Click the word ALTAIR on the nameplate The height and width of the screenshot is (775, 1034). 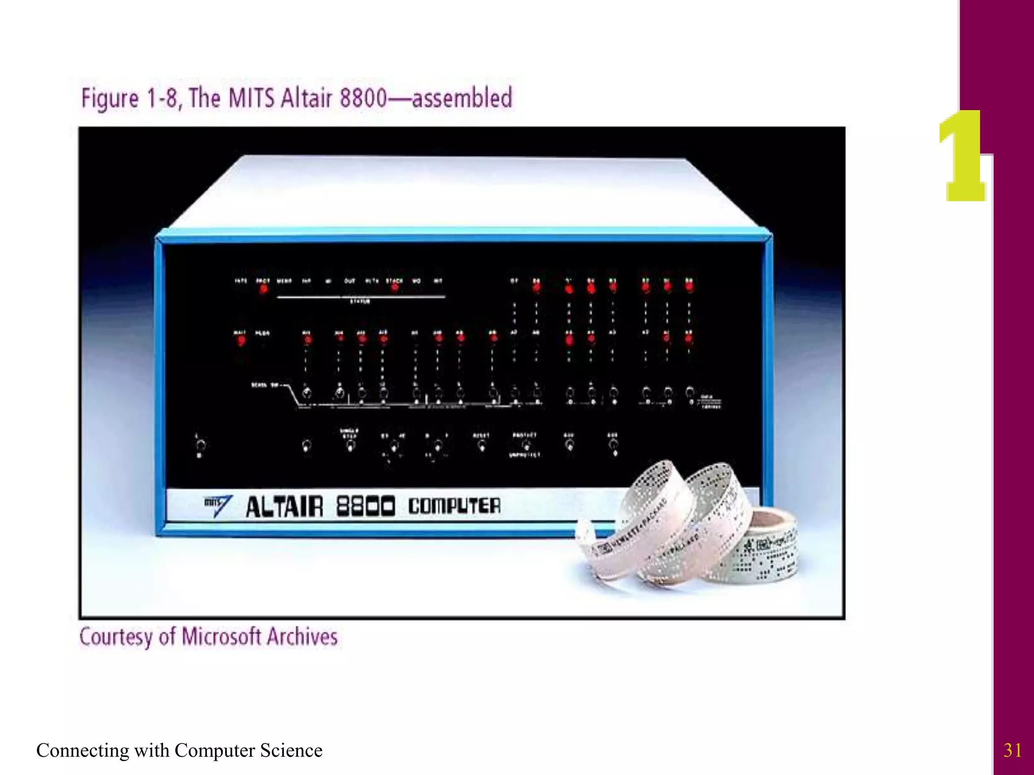pos(284,507)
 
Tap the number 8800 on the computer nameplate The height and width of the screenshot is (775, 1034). pos(366,506)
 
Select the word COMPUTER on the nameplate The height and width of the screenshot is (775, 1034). pos(454,506)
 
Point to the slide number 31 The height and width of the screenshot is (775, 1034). pos(1012,750)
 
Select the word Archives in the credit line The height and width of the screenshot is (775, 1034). pos(302,637)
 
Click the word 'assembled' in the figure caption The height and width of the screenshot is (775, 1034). pos(462,97)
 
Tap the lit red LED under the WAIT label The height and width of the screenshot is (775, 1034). pos(241,341)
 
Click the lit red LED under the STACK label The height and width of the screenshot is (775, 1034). pos(394,288)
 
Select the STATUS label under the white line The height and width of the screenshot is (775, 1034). pos(360,301)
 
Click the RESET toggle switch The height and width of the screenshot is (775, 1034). pos(482,446)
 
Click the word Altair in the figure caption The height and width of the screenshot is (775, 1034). pos(306,97)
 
